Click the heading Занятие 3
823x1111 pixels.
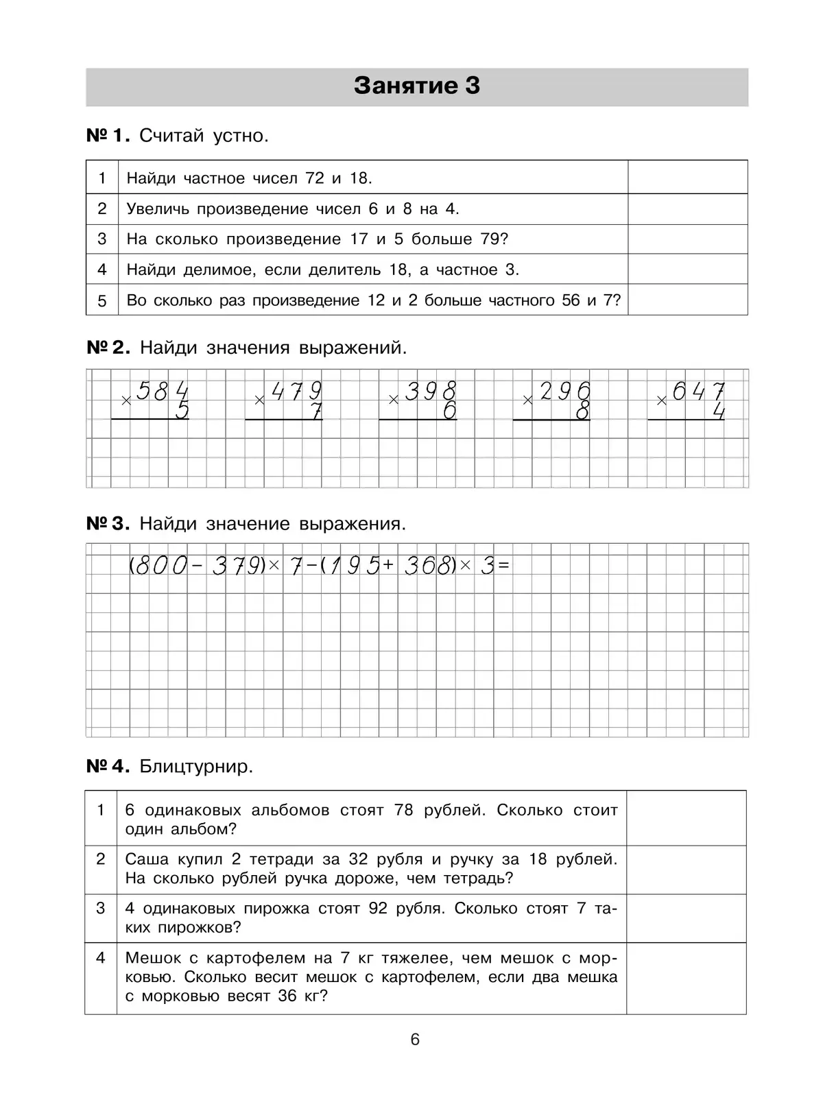pos(416,86)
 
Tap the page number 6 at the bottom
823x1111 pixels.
pos(415,1040)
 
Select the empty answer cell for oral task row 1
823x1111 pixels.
pos(687,178)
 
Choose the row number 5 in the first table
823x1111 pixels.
pos(102,301)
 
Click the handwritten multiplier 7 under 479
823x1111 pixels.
pos(315,411)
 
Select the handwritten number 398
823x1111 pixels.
pos(430,392)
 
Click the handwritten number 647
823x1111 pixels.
pos(698,392)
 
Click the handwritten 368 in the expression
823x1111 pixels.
pos(428,566)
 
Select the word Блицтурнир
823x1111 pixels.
pos(196,766)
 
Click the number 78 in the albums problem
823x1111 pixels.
pos(404,811)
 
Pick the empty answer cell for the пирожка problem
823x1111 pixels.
pos(686,918)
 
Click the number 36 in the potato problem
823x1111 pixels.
pos(287,996)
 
